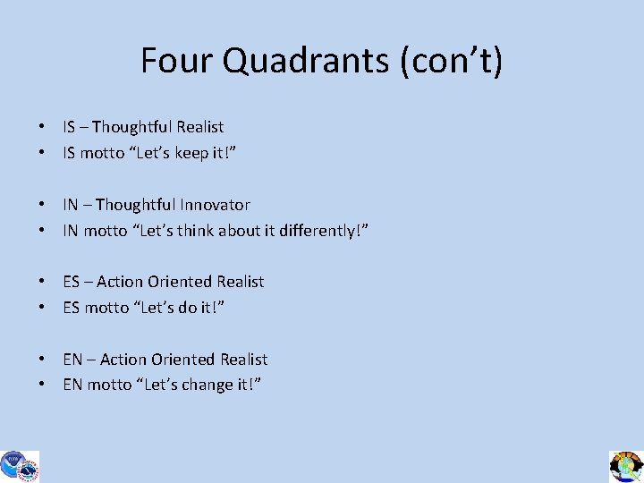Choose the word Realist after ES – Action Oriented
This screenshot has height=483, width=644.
(241, 282)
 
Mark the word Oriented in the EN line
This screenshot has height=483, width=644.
(182, 360)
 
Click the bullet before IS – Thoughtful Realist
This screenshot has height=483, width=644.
(42, 127)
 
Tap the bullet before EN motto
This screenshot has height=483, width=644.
(42, 386)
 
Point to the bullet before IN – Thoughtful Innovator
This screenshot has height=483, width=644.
(42, 205)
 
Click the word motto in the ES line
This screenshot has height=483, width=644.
(106, 308)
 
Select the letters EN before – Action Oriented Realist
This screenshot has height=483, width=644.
(72, 360)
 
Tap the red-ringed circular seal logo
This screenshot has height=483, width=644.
(30, 469)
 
